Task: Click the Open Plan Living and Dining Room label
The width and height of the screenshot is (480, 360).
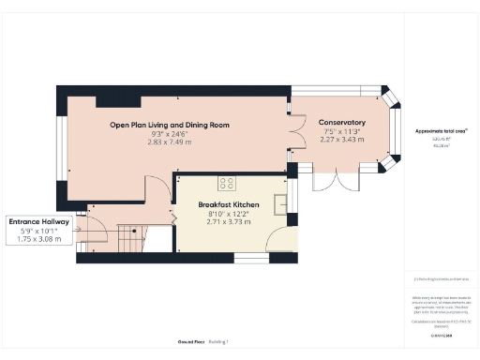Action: [170, 125]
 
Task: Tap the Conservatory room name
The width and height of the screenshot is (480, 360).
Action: [341, 123]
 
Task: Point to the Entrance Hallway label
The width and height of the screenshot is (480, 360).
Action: [39, 221]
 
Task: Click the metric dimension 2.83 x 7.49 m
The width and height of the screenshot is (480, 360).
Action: [170, 142]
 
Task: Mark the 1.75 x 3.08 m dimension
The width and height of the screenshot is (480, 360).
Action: [39, 239]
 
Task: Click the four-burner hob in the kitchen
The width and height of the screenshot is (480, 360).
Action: [227, 182]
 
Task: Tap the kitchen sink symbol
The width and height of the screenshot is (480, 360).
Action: [280, 202]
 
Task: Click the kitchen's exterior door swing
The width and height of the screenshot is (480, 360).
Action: [279, 238]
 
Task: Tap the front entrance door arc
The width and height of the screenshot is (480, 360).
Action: [97, 216]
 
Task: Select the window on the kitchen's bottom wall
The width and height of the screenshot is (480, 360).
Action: [248, 257]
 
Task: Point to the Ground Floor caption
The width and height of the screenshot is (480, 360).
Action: [192, 342]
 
